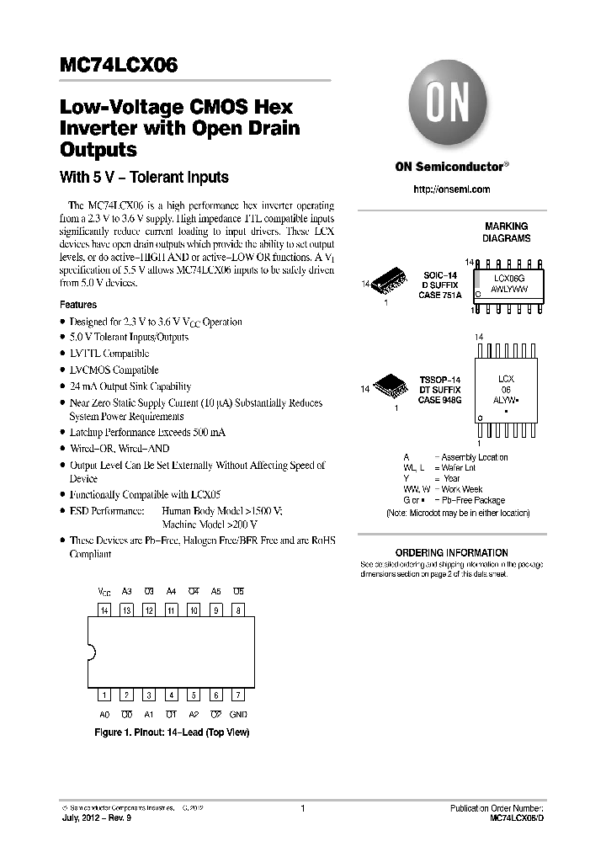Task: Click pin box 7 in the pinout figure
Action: pyautogui.click(x=238, y=695)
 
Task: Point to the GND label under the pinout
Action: pyautogui.click(x=238, y=714)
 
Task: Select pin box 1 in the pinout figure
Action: pyautogui.click(x=104, y=695)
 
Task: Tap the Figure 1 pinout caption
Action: pyautogui.click(x=172, y=732)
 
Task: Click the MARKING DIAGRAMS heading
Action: pyautogui.click(x=507, y=232)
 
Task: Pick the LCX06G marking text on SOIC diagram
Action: pyautogui.click(x=510, y=277)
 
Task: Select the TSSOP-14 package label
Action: pyautogui.click(x=440, y=381)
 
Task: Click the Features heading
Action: pyautogui.click(x=78, y=305)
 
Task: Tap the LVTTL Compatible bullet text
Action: pyautogui.click(x=109, y=354)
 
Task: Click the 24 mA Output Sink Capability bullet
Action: pyautogui.click(x=130, y=386)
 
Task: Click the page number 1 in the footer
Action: pyautogui.click(x=302, y=808)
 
